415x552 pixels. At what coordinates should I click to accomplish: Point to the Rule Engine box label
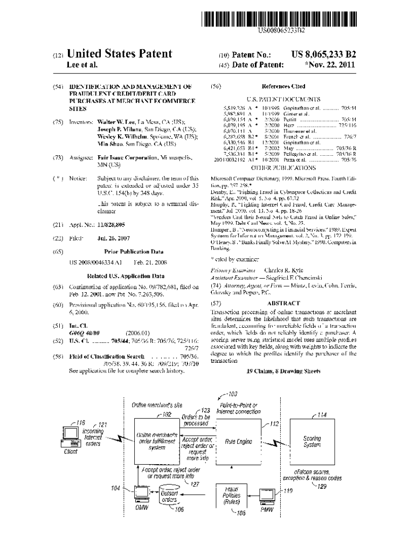238,441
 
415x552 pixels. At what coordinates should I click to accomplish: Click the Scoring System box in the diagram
312,442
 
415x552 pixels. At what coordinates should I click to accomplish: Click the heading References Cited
283,86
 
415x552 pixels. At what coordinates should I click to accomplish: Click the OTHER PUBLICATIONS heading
283,168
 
